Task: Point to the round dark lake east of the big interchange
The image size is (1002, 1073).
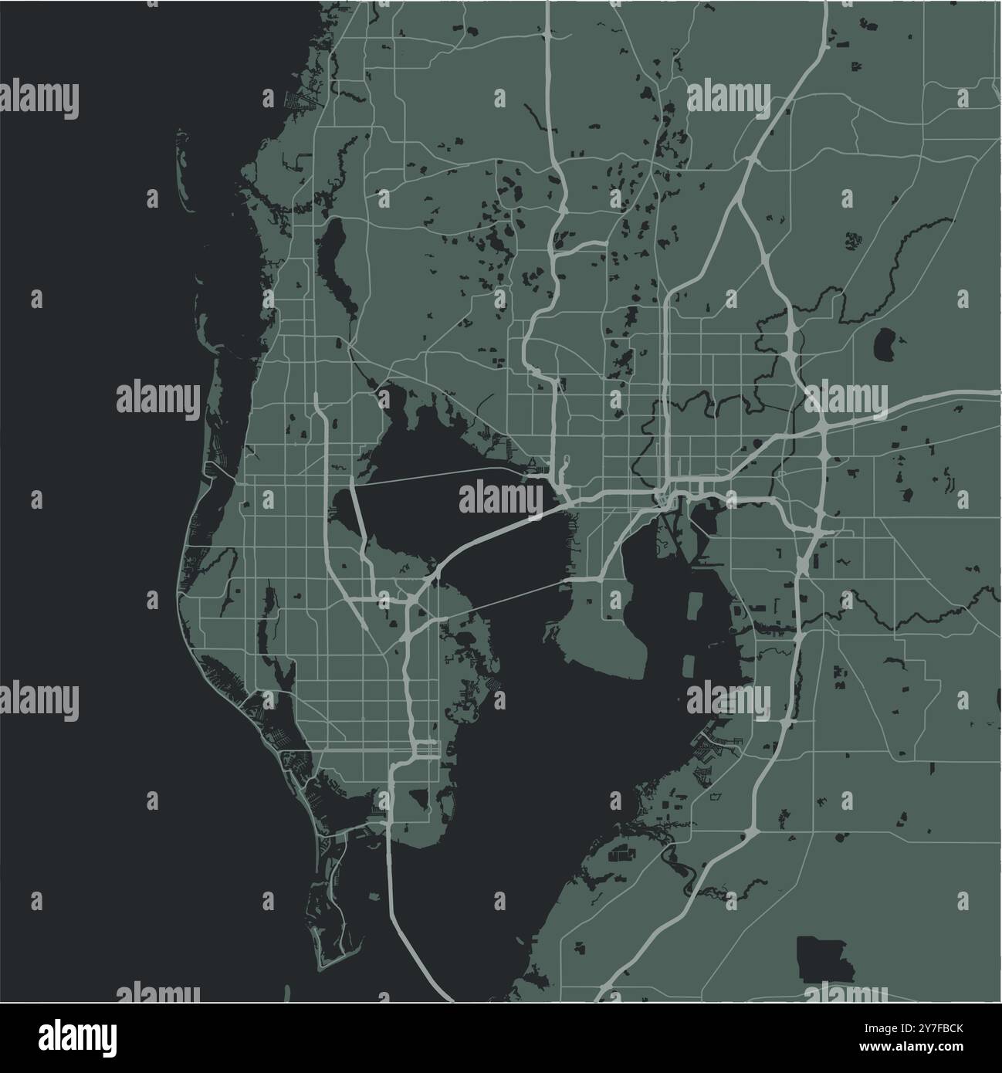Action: click(885, 344)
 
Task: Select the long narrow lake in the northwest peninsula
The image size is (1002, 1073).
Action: click(337, 266)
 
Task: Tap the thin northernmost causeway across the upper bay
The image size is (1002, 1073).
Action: click(432, 476)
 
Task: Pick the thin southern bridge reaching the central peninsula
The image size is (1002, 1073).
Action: click(502, 598)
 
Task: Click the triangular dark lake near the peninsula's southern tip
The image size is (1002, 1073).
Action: click(420, 797)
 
